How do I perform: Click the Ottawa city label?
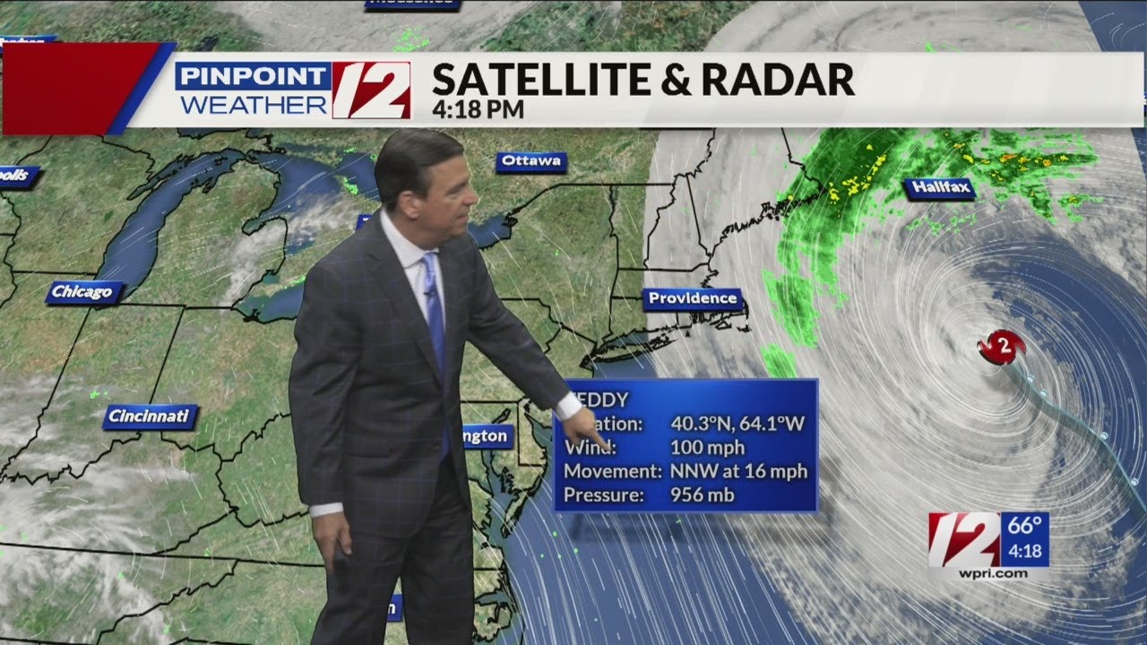[x=531, y=162]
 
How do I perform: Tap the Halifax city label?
[x=938, y=188]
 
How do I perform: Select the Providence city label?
[x=693, y=299]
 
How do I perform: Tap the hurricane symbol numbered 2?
[x=1001, y=347]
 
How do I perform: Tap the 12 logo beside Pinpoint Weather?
[x=371, y=90]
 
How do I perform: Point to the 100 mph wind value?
[x=707, y=447]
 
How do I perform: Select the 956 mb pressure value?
[x=703, y=494]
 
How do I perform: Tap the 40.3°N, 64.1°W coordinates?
[x=737, y=423]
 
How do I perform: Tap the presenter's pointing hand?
[x=591, y=427]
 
